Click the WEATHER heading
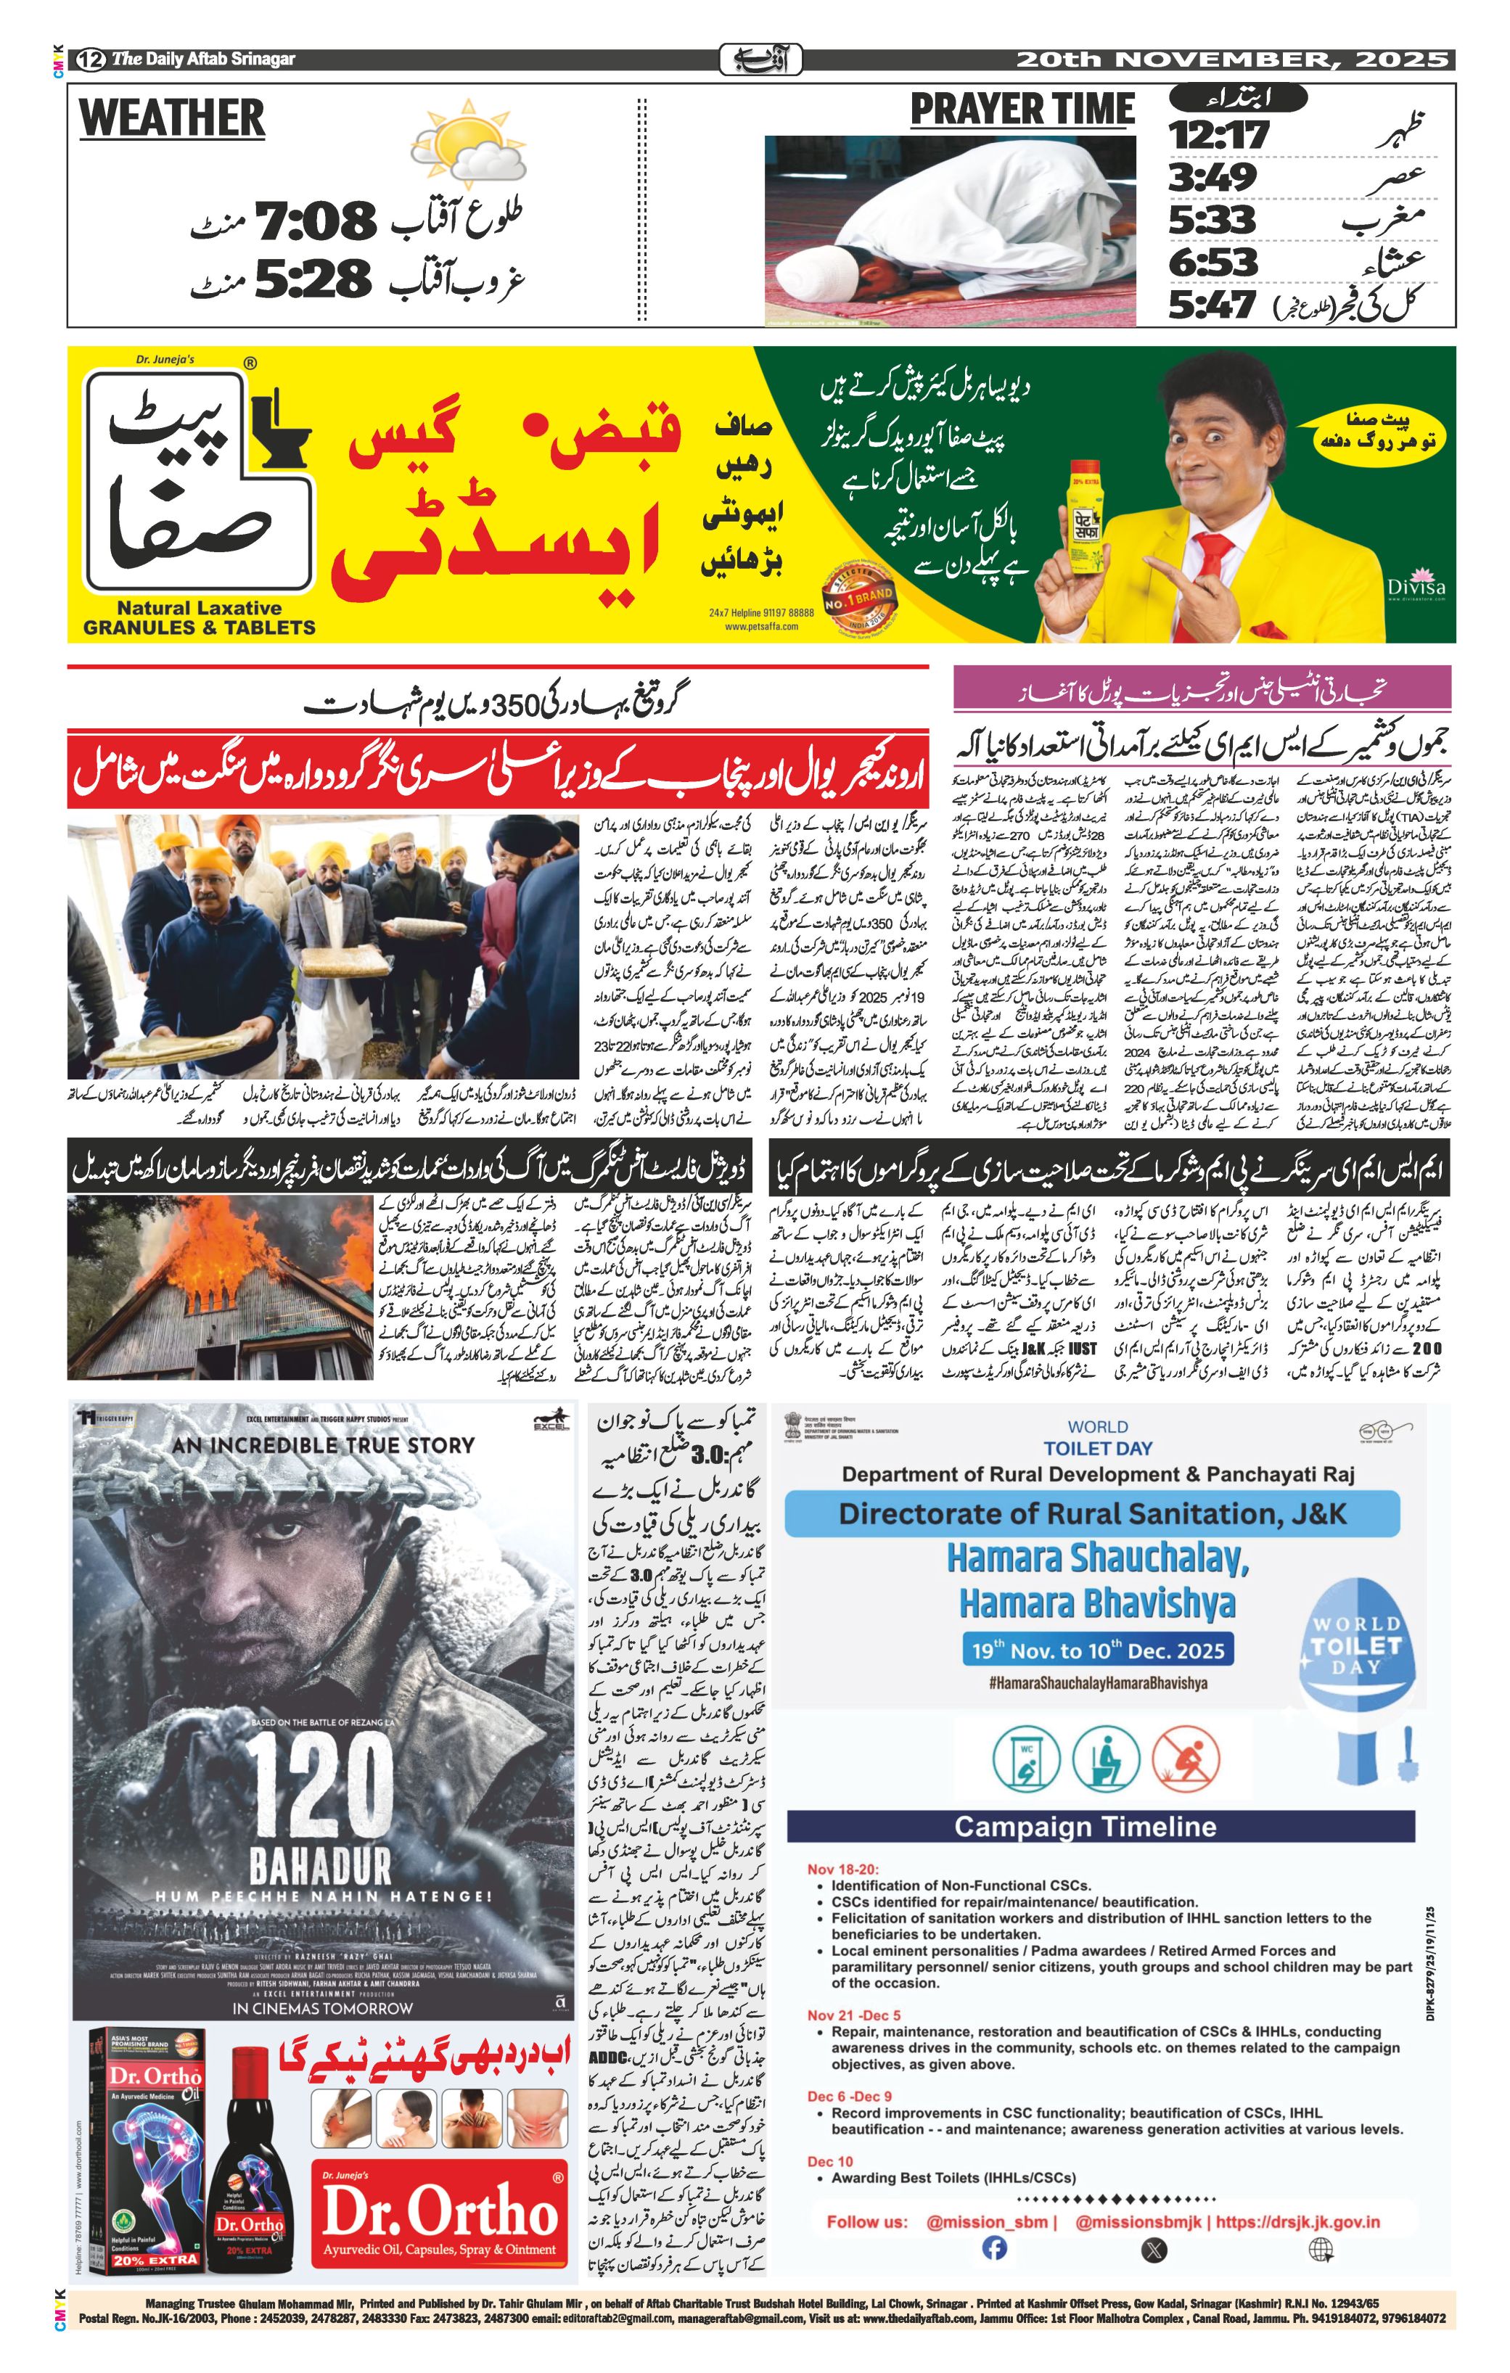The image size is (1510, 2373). (173, 118)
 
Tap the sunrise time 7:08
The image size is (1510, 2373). (316, 220)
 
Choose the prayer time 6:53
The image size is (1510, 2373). (1213, 262)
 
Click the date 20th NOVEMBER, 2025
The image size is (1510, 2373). (1232, 59)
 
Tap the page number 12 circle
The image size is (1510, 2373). (93, 59)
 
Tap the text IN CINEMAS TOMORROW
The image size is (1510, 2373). (322, 2007)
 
